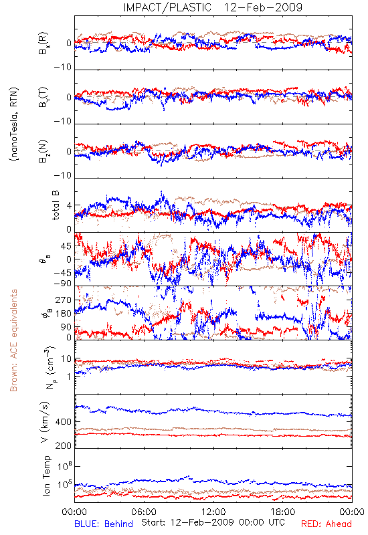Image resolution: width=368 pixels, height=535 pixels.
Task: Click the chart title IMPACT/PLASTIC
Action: tap(167, 7)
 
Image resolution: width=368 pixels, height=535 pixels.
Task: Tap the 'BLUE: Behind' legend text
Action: tap(104, 524)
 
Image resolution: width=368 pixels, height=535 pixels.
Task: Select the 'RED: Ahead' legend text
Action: tap(326, 524)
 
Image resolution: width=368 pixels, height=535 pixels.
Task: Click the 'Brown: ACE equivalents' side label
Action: tap(13, 340)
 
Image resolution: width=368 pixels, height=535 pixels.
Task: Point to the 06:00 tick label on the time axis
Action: tap(144, 512)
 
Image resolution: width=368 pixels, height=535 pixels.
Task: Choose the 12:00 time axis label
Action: tap(213, 512)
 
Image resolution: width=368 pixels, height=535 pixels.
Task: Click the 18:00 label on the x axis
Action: tap(283, 512)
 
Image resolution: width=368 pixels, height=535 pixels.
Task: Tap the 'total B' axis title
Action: tap(56, 205)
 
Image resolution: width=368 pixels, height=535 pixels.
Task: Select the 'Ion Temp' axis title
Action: tap(46, 475)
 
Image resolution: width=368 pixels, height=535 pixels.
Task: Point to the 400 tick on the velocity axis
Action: tap(63, 422)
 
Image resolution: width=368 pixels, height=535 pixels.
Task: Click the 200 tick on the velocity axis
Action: tap(63, 445)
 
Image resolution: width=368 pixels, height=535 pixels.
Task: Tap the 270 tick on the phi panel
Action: tap(63, 300)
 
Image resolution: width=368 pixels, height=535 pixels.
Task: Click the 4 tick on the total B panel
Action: tap(70, 206)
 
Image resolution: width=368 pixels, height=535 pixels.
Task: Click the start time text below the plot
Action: tap(213, 522)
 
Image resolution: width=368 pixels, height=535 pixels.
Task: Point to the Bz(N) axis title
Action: tap(43, 151)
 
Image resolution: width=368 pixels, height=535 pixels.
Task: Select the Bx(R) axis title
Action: tap(43, 43)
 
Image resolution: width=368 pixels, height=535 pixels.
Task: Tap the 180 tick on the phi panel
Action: tap(63, 314)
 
